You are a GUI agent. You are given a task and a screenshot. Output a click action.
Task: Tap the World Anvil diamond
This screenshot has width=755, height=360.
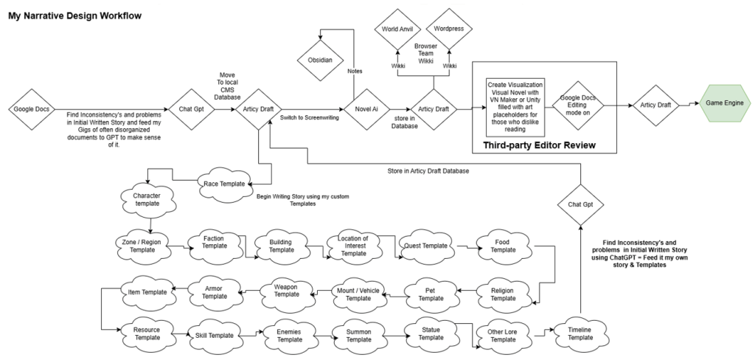397,29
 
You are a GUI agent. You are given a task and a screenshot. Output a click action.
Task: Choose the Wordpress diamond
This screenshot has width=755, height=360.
450,29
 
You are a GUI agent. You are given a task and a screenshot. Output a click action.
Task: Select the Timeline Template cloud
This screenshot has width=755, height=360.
580,333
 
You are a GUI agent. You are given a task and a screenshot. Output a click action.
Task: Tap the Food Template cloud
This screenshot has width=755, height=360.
504,246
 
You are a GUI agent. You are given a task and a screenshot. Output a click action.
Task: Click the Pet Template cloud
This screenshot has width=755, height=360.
431,294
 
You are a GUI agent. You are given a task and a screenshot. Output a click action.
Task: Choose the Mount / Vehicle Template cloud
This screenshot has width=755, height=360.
358,294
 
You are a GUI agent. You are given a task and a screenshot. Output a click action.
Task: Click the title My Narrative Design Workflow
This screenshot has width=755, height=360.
74,15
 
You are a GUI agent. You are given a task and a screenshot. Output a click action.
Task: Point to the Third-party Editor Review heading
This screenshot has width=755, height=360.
539,145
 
